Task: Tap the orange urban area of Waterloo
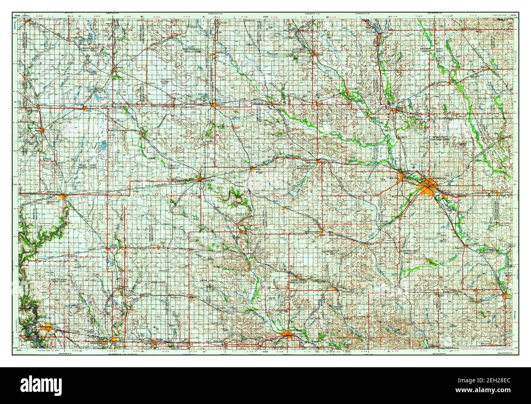click(428, 188)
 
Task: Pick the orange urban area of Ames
click(114, 339)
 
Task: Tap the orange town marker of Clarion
click(85, 109)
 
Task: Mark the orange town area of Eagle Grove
click(42, 130)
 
